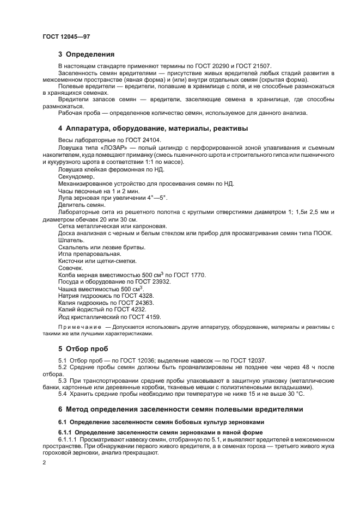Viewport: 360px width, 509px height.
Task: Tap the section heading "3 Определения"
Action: [x=86, y=54]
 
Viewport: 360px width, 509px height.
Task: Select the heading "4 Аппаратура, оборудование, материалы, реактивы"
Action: [x=153, y=128]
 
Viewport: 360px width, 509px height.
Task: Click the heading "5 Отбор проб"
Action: [x=83, y=348]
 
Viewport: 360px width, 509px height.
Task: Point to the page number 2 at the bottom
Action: [x=44, y=462]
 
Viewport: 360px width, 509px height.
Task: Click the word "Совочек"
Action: [x=70, y=268]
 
